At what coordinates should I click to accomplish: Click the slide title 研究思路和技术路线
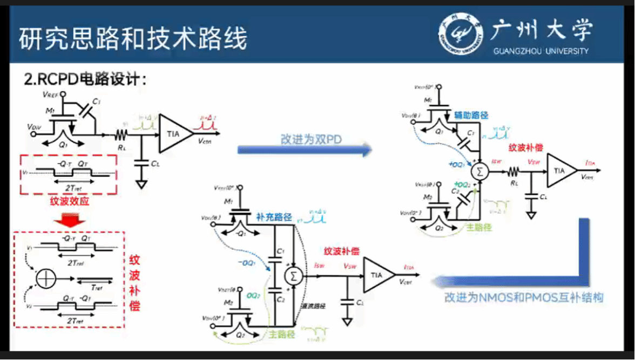[133, 39]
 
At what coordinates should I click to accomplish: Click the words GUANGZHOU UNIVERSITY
[541, 51]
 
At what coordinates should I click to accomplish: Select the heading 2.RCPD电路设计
[85, 79]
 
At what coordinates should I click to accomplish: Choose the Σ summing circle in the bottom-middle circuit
[294, 276]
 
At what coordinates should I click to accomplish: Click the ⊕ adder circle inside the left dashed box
[46, 279]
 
